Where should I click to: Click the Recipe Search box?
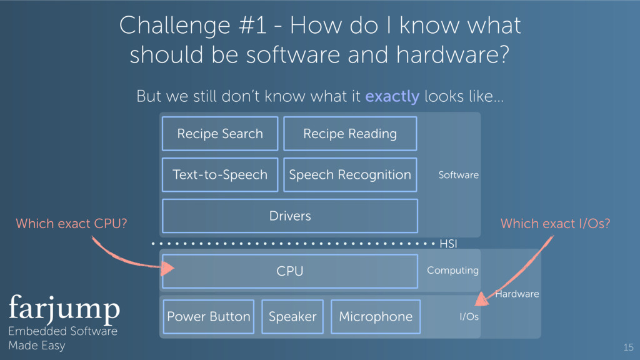220,134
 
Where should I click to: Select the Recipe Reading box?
350,134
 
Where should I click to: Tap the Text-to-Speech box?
220,175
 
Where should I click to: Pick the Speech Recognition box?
350,175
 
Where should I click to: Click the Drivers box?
290,216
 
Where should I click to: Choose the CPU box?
290,271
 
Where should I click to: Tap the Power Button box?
209,317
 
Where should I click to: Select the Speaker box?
292,317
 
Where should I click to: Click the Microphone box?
376,317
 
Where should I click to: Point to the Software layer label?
458,175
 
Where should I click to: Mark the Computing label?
452,271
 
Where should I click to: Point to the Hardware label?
517,294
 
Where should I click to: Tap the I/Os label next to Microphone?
469,317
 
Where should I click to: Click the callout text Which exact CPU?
71,224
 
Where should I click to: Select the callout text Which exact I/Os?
555,224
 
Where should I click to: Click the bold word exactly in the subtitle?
392,97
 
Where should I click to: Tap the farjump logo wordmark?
64,307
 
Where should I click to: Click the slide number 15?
628,347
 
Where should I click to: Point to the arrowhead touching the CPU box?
167,269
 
